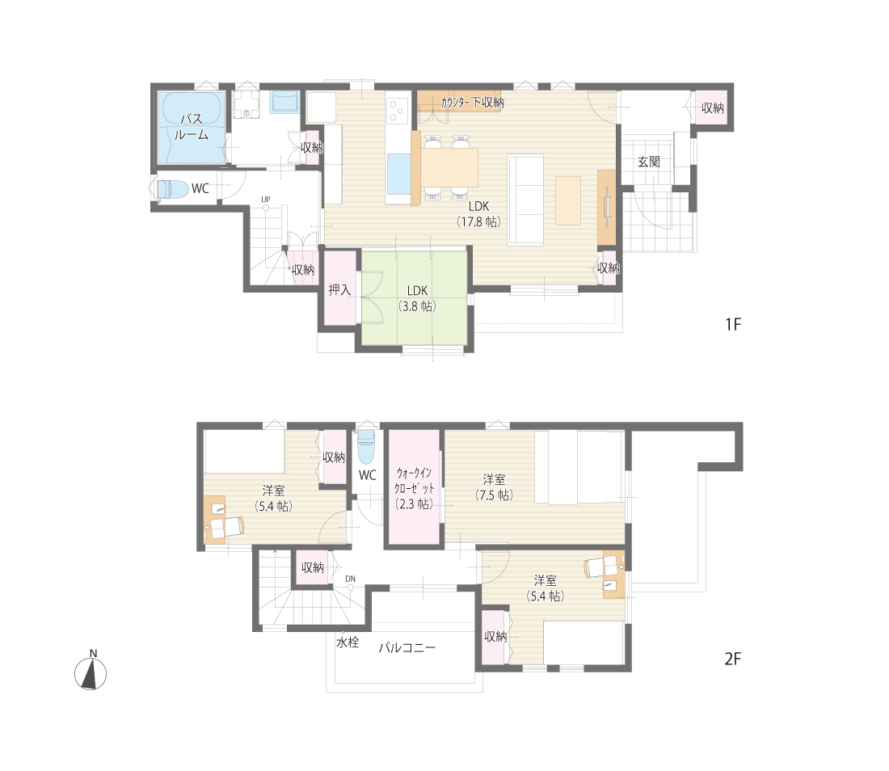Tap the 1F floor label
tap(732, 324)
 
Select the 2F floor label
tap(732, 659)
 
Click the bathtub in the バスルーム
tap(192, 127)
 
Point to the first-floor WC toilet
tap(172, 189)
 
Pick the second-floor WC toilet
tap(367, 446)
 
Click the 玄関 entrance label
tap(649, 162)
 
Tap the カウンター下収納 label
tap(472, 103)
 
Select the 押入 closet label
tap(339, 289)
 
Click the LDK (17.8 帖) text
tap(478, 214)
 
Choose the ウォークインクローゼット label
tap(415, 488)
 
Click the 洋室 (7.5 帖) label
tap(494, 487)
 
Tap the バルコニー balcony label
tap(407, 647)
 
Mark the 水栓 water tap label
tap(348, 642)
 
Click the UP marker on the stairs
tap(265, 200)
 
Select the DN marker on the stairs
tap(351, 579)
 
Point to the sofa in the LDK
tap(525, 200)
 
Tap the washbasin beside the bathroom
tap(246, 104)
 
